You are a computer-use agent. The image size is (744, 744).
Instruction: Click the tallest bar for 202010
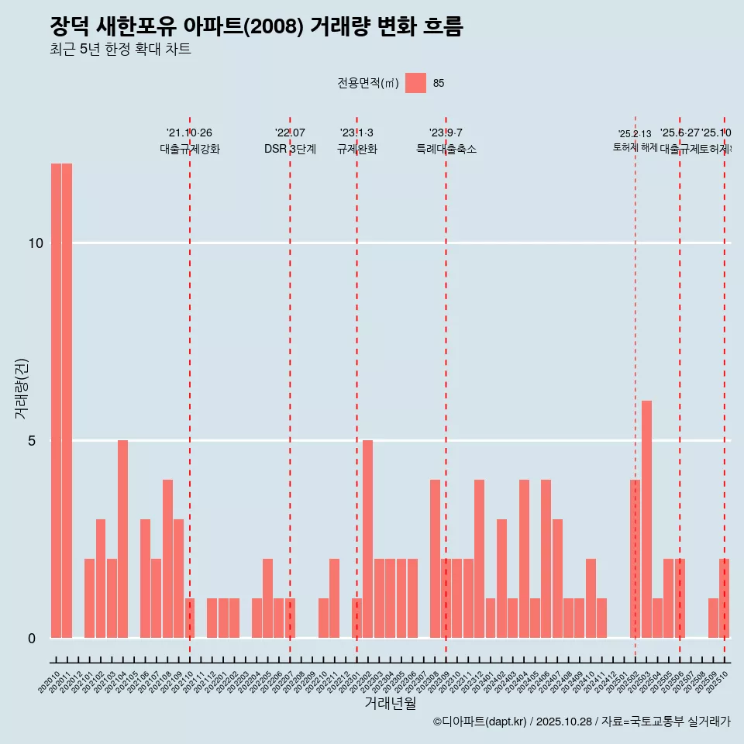tap(56, 401)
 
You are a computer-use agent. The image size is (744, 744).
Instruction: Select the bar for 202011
tap(67, 401)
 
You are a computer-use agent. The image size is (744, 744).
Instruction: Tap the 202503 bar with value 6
tap(646, 519)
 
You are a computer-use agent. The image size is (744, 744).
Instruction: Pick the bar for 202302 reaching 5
tap(368, 539)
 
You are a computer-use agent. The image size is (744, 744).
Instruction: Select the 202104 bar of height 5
tap(122, 539)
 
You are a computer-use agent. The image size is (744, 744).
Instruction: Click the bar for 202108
tap(167, 559)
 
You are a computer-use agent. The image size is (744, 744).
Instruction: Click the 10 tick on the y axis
tap(35, 243)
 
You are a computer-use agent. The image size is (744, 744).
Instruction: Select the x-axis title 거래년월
tap(390, 704)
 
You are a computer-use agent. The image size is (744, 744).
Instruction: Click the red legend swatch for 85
tap(415, 83)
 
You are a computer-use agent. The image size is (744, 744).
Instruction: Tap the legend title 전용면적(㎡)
tap(368, 83)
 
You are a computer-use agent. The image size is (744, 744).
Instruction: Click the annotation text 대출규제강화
tap(190, 149)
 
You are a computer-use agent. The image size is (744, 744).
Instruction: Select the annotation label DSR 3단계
tap(290, 149)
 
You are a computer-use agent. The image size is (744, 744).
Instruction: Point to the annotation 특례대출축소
tap(446, 149)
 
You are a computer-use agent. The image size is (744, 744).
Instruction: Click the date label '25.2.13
tap(635, 134)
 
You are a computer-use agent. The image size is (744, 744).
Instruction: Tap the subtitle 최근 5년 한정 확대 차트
tap(120, 50)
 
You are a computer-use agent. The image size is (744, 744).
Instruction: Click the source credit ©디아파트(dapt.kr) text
tap(480, 722)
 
